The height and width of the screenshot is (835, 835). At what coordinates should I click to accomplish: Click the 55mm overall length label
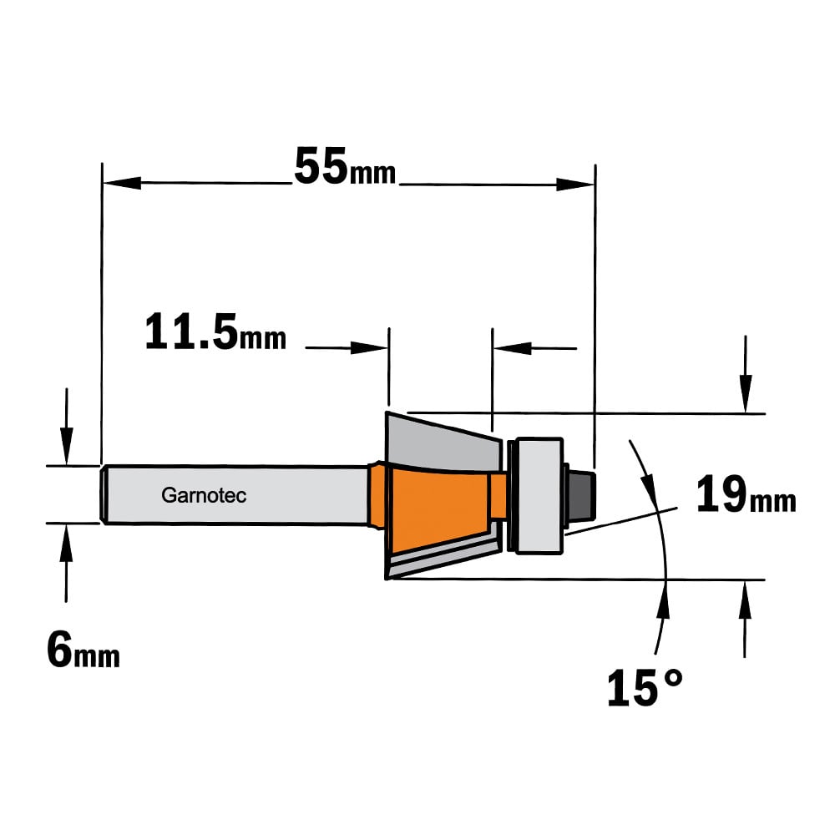[345, 166]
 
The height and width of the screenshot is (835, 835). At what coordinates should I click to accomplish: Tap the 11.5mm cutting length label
[215, 331]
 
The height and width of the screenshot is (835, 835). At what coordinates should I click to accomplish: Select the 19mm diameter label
[746, 494]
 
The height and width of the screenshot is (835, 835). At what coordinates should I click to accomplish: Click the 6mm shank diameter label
[83, 650]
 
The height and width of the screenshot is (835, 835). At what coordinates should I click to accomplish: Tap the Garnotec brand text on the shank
[204, 495]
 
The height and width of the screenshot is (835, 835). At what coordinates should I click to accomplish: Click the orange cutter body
[439, 509]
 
